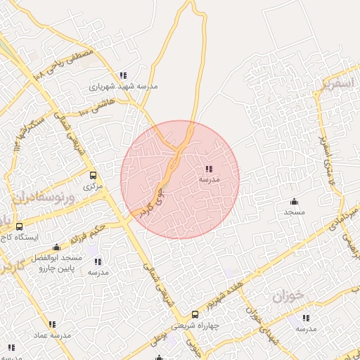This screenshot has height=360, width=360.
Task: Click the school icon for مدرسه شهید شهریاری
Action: coord(123,76)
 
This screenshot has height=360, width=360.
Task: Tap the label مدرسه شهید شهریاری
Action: coord(124,88)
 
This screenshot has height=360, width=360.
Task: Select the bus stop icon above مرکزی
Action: coord(93,176)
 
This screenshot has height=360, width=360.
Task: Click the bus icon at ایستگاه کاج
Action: coord(19,226)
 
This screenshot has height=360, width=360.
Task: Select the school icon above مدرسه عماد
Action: coord(52,324)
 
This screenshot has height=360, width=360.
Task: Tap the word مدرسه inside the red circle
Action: coord(209,180)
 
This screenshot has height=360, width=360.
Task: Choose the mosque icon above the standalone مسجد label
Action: coord(293,200)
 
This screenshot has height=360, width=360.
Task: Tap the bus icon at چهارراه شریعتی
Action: coord(195,316)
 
